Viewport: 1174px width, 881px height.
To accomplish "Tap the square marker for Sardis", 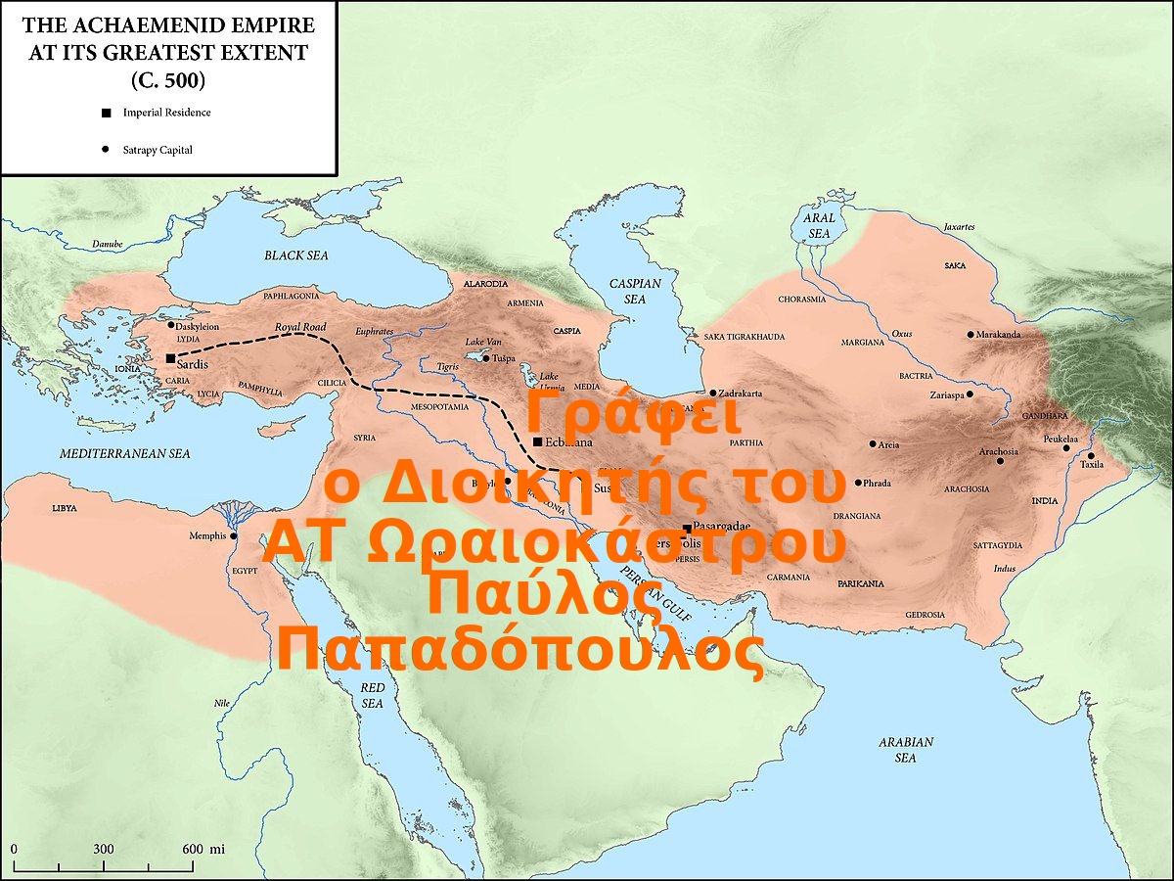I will (x=170, y=358).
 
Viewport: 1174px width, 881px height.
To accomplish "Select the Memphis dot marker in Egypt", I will (x=234, y=535).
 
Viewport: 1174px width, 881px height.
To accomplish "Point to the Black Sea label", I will (x=295, y=255).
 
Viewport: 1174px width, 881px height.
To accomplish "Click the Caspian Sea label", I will (x=635, y=291).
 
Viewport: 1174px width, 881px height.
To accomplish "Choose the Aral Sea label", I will (x=819, y=227).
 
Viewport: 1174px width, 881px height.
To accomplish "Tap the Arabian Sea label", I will (x=906, y=750).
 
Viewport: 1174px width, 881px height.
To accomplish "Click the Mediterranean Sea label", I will (x=124, y=454).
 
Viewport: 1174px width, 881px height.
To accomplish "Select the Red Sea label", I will (x=373, y=695).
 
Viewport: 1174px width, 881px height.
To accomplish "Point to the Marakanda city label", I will (x=999, y=335).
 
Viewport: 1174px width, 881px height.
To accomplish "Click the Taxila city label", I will (x=1092, y=465).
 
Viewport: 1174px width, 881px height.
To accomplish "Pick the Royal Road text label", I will (x=300, y=327).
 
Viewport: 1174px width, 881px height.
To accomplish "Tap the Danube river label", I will (x=108, y=244).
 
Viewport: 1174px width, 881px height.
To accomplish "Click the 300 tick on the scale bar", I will (x=104, y=849).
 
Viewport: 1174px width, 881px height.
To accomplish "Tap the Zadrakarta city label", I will (x=741, y=394).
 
